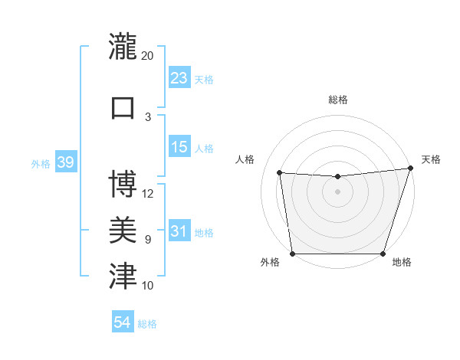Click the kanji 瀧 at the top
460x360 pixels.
tap(123, 47)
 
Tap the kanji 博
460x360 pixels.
tap(123, 184)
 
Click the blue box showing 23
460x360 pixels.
tap(179, 78)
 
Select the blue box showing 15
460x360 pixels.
tap(179, 147)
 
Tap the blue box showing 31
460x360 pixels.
tap(179, 232)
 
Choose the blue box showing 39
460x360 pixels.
tap(66, 163)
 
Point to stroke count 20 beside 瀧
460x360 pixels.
tap(147, 56)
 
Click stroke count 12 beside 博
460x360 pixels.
tap(148, 193)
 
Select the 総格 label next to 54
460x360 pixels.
tap(147, 324)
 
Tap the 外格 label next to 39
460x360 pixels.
tap(40, 164)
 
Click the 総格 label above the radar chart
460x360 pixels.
tap(337, 100)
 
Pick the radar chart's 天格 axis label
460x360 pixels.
tap(431, 159)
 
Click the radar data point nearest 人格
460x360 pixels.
tap(280, 173)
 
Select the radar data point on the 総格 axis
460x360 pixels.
tap(337, 177)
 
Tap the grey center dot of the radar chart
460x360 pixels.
tap(337, 191)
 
